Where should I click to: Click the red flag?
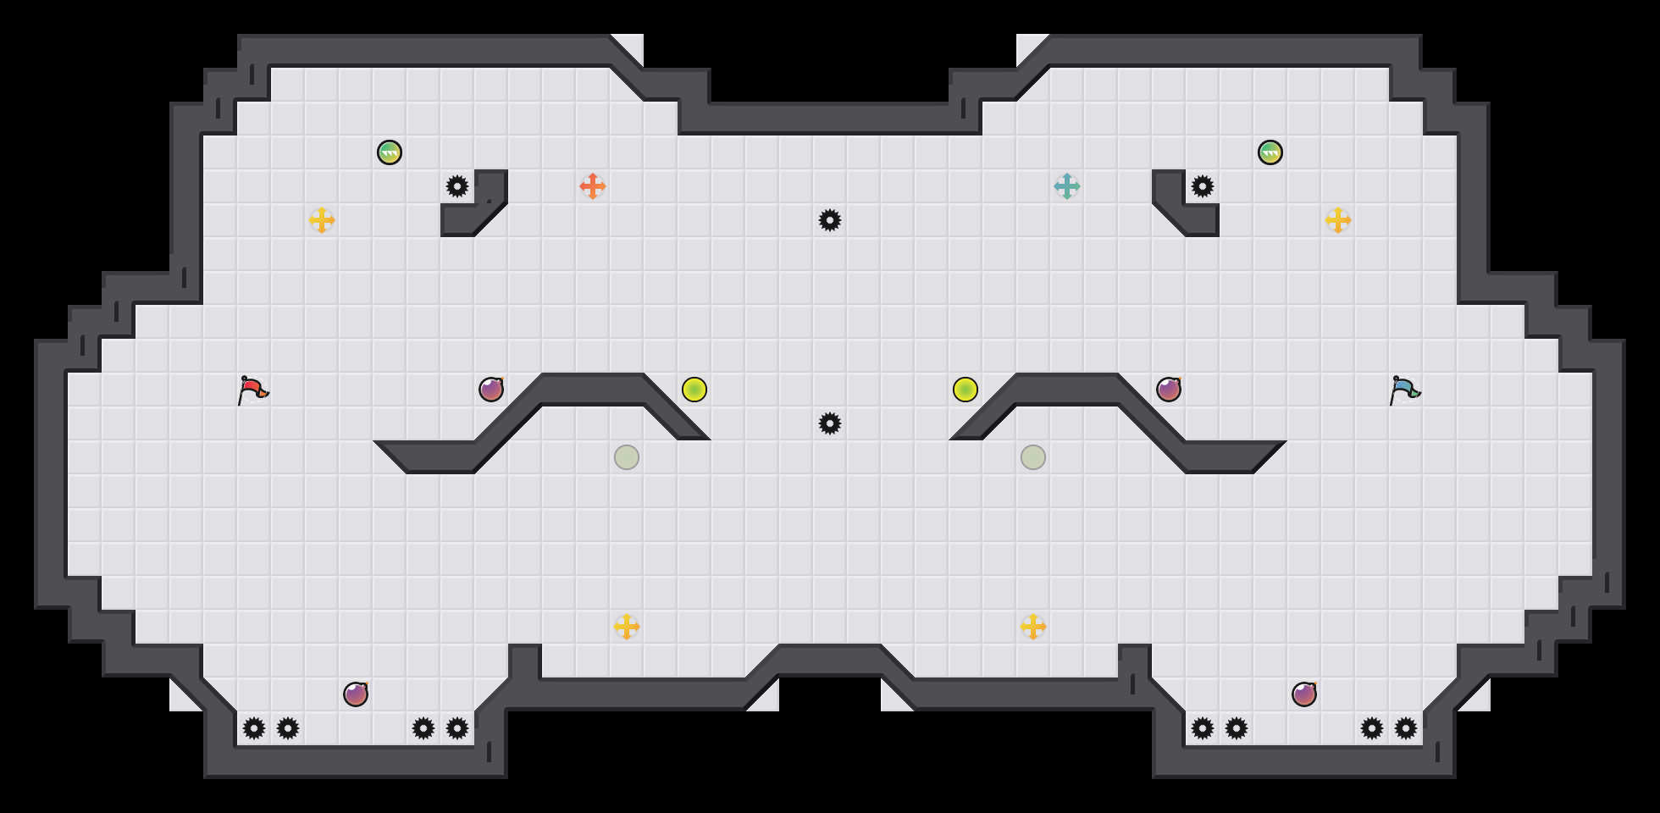pos(252,390)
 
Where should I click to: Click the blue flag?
pos(1404,390)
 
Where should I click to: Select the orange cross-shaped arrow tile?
pos(593,186)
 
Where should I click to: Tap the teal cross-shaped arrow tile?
pos(1067,186)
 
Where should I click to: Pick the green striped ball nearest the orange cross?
pos(390,152)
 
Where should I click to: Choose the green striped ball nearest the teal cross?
pos(1270,152)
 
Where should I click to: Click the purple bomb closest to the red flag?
pos(491,390)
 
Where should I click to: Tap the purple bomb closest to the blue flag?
pos(1169,390)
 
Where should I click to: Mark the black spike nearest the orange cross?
pos(457,186)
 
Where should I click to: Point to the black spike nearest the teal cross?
pos(1203,186)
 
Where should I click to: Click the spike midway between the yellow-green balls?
pos(830,423)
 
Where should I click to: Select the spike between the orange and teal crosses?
pos(830,220)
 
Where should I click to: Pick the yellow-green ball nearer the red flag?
pos(694,390)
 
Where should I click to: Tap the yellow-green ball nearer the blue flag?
pos(966,390)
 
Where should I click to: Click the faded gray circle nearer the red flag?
pos(627,457)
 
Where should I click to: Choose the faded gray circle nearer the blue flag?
pos(1033,457)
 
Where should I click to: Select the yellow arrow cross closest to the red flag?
pos(322,220)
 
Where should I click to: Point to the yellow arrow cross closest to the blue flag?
pos(1338,220)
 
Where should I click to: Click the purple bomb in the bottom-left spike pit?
pos(356,694)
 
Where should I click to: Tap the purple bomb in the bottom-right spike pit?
pos(1304,694)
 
